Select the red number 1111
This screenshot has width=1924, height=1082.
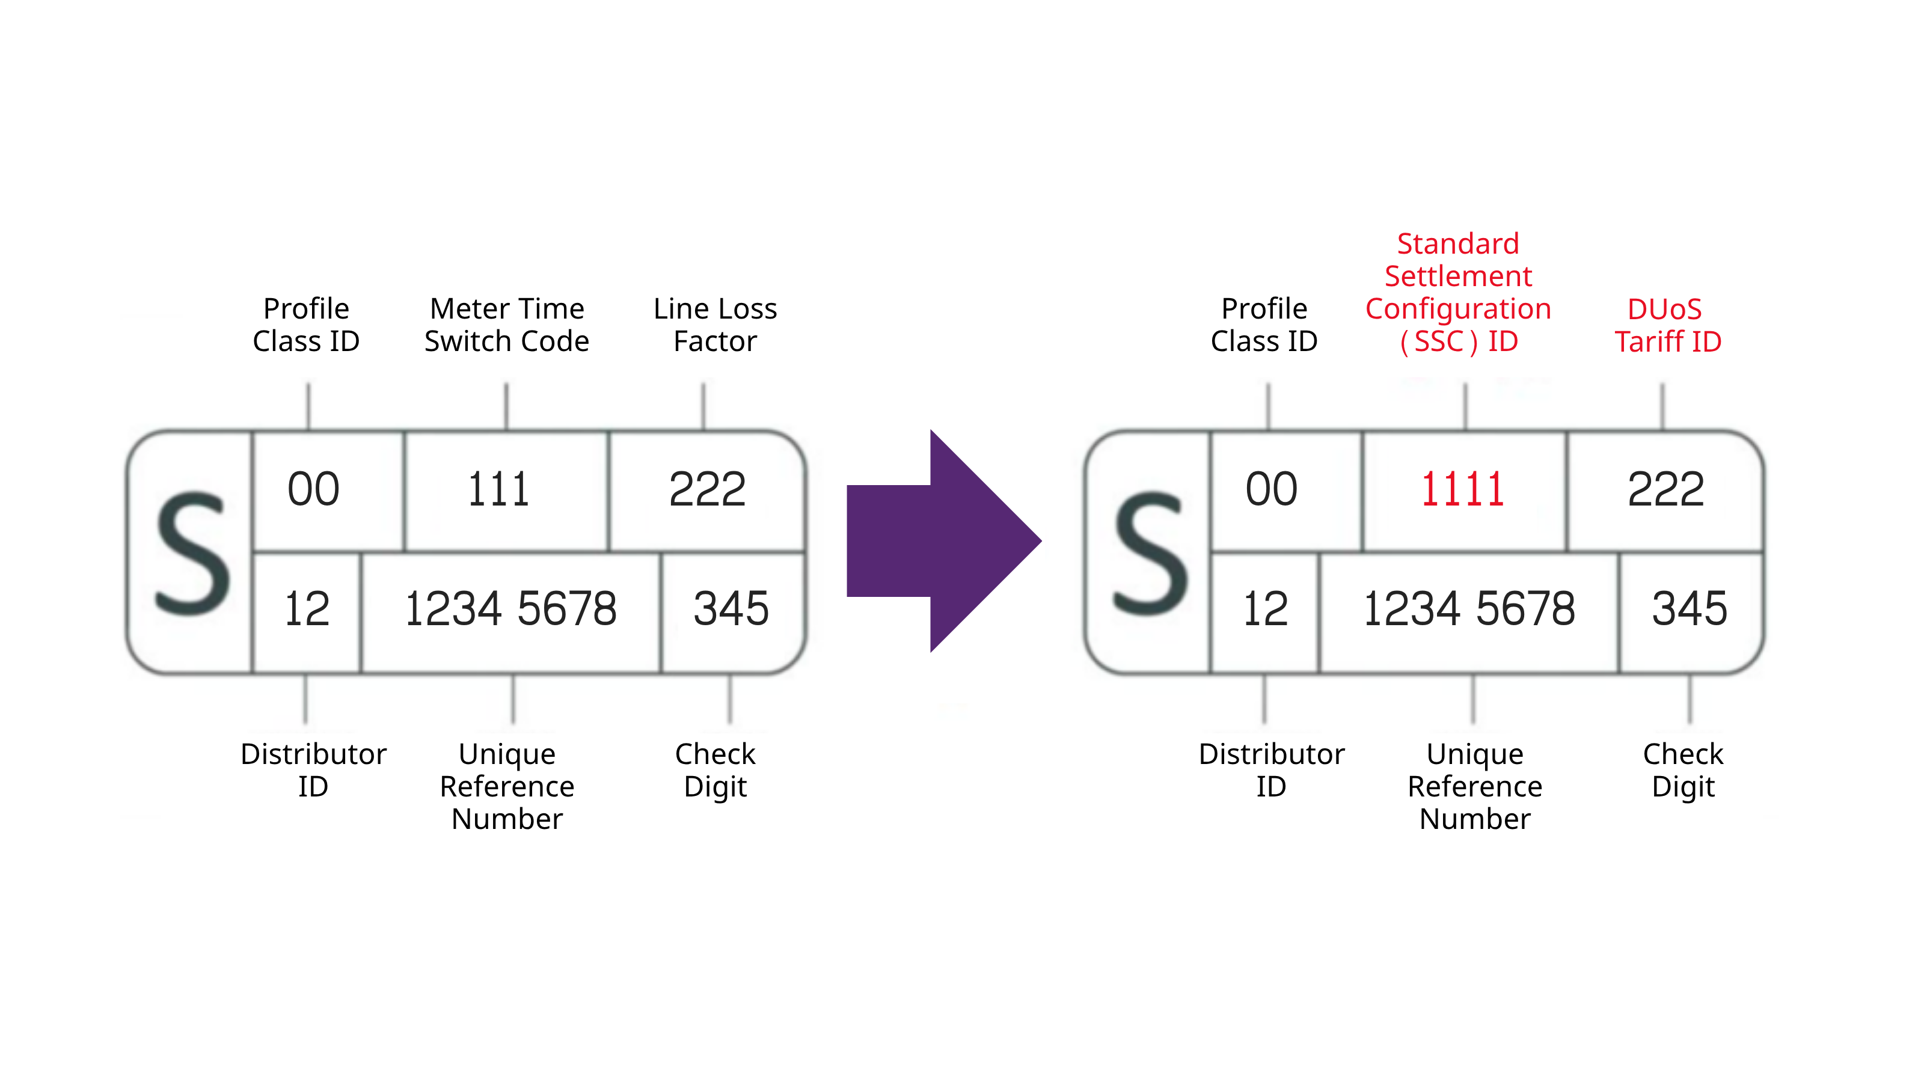click(1462, 490)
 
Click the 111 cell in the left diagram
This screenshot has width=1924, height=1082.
click(499, 490)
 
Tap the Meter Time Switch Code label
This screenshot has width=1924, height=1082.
click(506, 325)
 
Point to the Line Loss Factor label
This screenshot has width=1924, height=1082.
click(715, 325)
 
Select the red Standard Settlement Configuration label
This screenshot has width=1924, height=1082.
click(1458, 293)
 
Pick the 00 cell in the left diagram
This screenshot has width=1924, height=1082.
click(314, 490)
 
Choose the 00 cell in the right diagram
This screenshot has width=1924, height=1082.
click(1271, 490)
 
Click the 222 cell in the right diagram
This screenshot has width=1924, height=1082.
click(1665, 490)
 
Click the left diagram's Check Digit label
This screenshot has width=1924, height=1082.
click(715, 770)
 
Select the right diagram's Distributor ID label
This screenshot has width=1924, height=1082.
click(1271, 770)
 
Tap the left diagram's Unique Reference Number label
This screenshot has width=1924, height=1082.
click(506, 786)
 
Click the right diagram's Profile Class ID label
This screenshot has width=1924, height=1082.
click(1264, 325)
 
